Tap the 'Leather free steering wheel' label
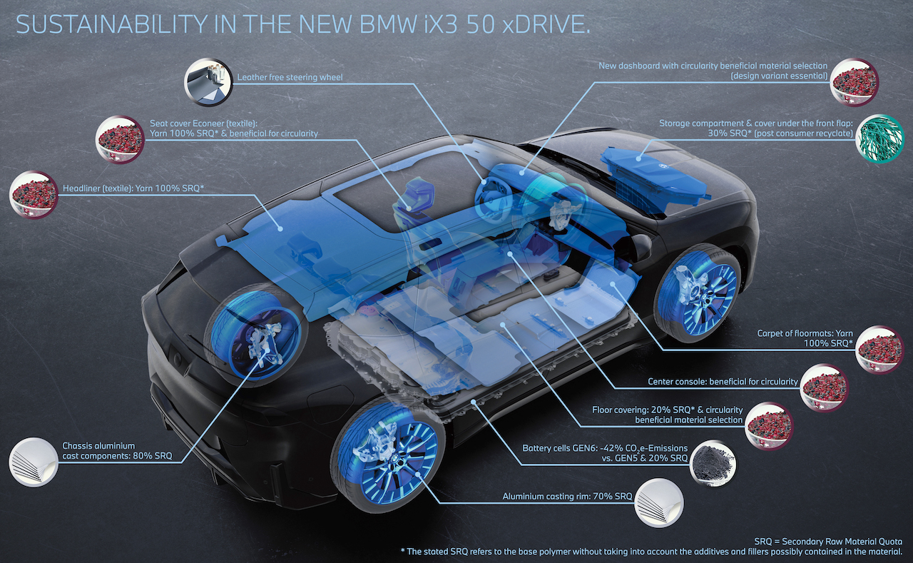[290, 77]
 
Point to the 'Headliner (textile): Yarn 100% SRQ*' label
[133, 188]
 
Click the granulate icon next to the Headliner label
[34, 195]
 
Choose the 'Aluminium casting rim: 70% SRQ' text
[567, 496]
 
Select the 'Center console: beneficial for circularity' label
[723, 382]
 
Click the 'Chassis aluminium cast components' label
[117, 451]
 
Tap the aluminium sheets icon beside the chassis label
[34, 462]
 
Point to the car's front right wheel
[698, 293]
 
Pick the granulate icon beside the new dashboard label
[855, 83]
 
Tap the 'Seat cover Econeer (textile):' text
[204, 123]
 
